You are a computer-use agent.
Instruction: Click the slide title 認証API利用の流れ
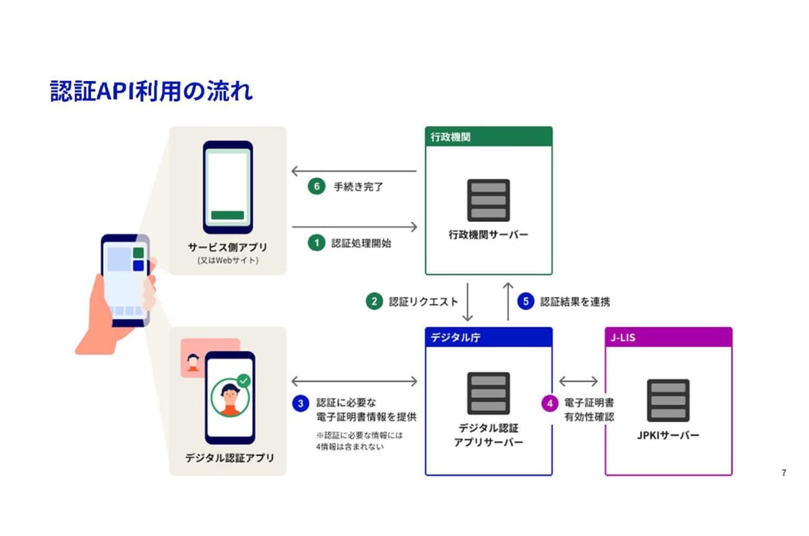click(x=152, y=90)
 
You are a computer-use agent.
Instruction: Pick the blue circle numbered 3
click(x=300, y=403)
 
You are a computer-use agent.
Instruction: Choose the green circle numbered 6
click(x=316, y=187)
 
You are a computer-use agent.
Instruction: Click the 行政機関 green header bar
click(x=489, y=136)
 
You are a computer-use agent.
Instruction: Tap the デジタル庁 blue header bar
click(x=489, y=337)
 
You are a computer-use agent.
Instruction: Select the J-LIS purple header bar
click(x=668, y=337)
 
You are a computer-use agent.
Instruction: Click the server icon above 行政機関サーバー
click(x=488, y=200)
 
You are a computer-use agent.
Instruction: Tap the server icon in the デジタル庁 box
click(x=488, y=393)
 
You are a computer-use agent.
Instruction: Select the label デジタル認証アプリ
click(x=230, y=458)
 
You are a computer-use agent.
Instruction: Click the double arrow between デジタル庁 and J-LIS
click(x=578, y=381)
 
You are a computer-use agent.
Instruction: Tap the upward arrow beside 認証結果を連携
click(x=507, y=301)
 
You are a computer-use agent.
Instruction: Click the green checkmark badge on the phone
click(x=243, y=381)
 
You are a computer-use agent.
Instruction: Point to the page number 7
click(x=783, y=473)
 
